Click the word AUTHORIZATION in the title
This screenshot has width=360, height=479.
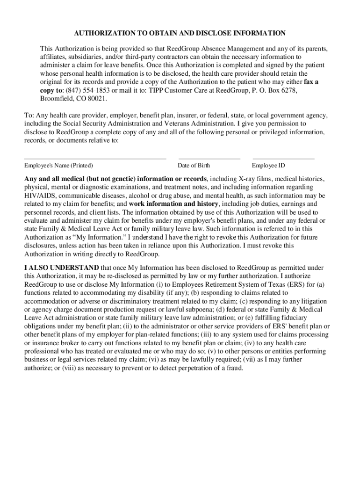102,33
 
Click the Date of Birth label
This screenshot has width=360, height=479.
194,166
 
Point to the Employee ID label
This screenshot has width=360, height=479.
268,166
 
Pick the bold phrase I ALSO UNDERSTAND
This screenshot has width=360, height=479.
62,268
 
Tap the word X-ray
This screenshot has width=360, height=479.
248,179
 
